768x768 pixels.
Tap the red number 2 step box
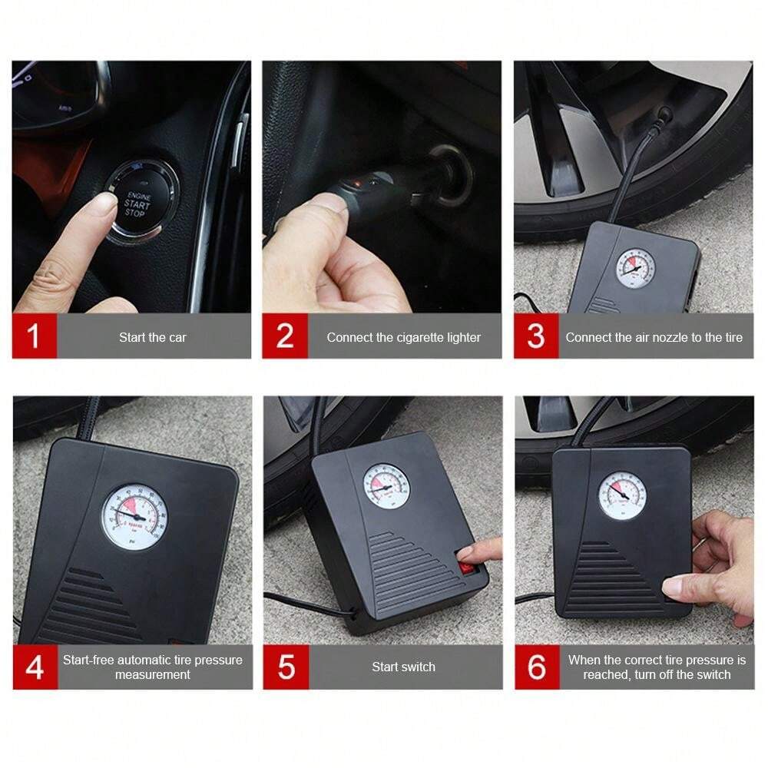pos(285,336)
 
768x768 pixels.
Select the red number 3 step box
pos(536,336)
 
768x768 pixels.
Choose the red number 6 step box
pos(536,667)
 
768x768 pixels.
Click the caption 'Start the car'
pos(152,337)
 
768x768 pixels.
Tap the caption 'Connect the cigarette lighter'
pos(403,337)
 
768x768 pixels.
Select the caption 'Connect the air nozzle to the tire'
pos(654,337)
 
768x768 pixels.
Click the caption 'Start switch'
pos(403,667)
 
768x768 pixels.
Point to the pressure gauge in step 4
pos(134,515)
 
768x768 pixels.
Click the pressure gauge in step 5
pos(386,487)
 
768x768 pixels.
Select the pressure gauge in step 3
pos(635,268)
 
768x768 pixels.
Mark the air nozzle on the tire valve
pos(661,117)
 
